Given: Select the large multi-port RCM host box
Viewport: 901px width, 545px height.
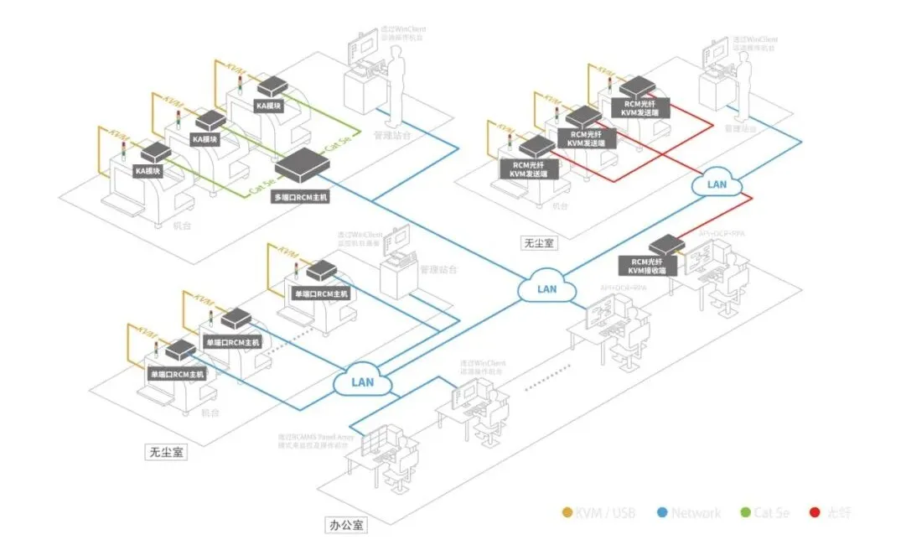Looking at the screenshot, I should coord(303,167).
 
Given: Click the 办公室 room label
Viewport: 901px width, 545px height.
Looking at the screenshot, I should coord(345,527).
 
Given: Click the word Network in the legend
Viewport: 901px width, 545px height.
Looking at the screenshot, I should coord(696,512).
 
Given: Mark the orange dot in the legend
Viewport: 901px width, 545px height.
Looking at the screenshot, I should coord(567,512).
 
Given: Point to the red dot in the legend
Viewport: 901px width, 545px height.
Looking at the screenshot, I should coord(814,512).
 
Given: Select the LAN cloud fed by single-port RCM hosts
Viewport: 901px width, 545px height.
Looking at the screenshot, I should coord(362,382).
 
